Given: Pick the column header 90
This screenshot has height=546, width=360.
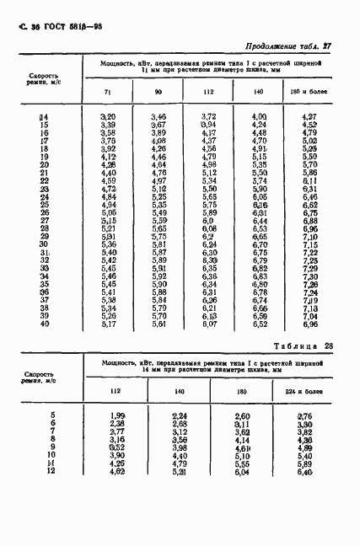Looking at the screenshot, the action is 159,91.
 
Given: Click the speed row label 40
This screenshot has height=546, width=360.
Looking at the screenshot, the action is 46,324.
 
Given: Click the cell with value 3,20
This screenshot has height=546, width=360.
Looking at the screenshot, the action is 108,116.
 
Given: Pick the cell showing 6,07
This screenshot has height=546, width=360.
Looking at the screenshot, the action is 210,324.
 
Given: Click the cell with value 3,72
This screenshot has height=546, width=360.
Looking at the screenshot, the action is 210,116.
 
